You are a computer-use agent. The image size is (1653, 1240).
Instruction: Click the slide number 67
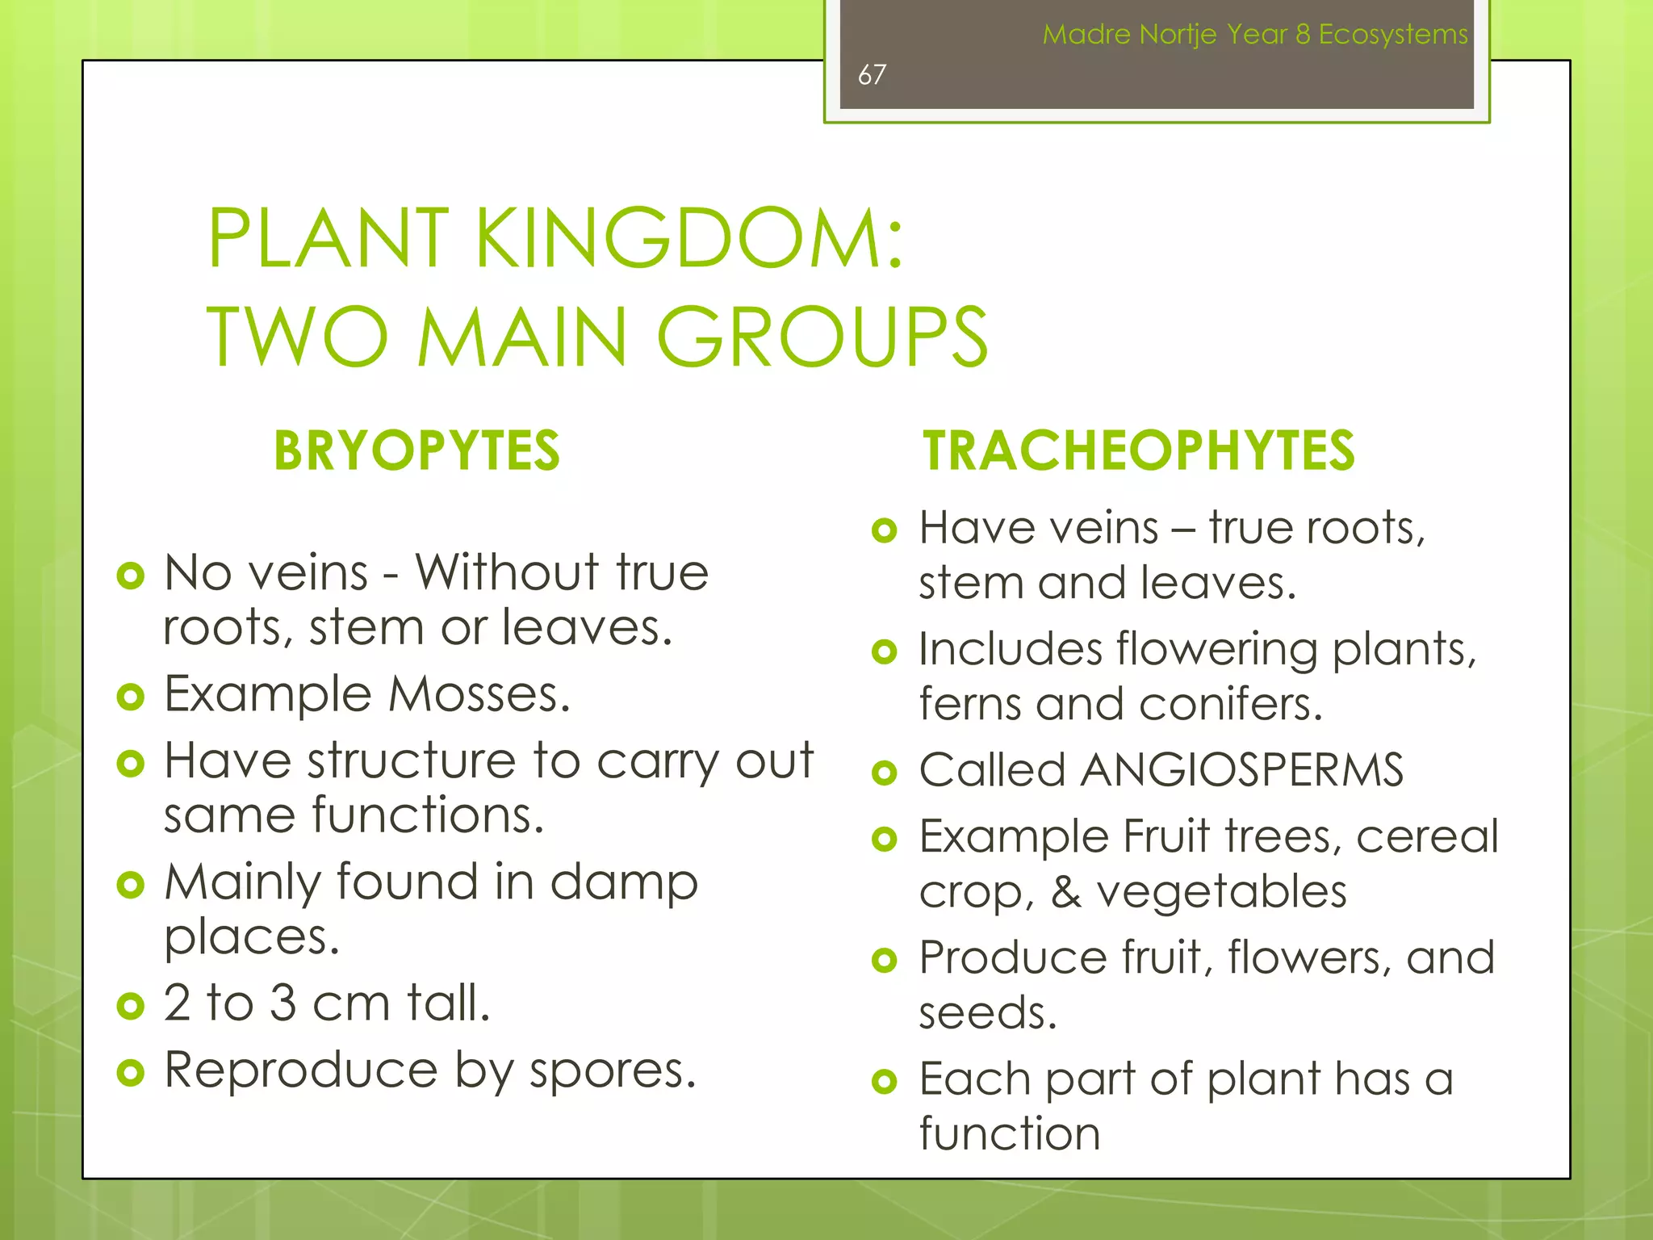tap(872, 75)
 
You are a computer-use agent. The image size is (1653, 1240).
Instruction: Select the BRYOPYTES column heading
tap(416, 450)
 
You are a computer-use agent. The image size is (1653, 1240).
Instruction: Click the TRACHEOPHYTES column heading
tap(1139, 450)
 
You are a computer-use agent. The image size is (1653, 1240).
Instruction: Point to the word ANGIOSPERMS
tap(1242, 769)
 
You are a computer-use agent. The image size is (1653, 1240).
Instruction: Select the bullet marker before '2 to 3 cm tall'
tap(130, 1006)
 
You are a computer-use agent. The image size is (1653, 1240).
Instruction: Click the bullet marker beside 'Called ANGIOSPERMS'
tap(885, 773)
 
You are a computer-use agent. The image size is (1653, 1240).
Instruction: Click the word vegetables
tap(1221, 892)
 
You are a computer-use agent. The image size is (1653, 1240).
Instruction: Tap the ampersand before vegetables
tap(1066, 892)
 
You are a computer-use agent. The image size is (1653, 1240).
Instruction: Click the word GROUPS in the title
tap(822, 337)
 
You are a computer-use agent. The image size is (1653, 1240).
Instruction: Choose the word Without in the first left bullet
tap(507, 572)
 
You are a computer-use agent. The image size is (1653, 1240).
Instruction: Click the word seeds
tap(988, 1013)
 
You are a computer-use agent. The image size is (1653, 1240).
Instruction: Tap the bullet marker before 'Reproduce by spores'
tap(130, 1073)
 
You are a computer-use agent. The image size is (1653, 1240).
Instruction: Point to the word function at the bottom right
tap(1010, 1133)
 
